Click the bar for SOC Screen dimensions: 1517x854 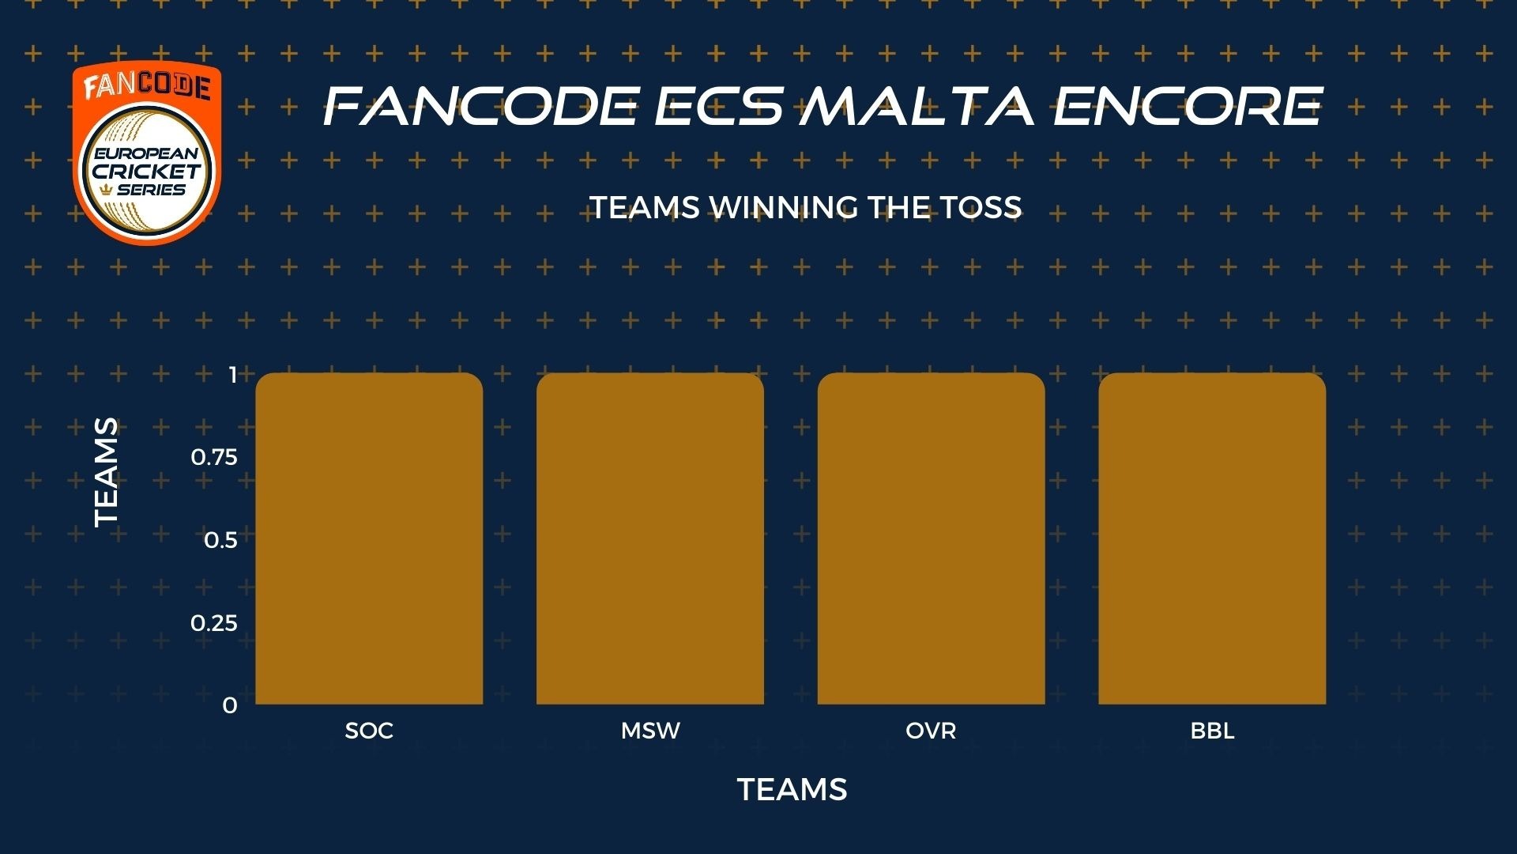point(369,538)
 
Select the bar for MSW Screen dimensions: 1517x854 point(650,538)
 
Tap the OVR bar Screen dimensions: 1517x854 point(932,538)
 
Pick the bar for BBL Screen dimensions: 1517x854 point(1212,538)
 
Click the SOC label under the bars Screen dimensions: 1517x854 point(369,731)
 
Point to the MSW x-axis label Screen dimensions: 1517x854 point(650,731)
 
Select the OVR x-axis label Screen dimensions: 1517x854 point(931,731)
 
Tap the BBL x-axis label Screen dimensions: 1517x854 point(1212,731)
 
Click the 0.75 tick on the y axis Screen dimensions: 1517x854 point(214,457)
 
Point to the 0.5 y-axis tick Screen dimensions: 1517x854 point(220,540)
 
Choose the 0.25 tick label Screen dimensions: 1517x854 point(214,623)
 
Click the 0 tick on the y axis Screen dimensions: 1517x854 point(230,705)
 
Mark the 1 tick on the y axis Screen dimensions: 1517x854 point(233,375)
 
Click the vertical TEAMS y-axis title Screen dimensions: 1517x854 point(106,472)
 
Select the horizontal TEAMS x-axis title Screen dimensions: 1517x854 point(792,789)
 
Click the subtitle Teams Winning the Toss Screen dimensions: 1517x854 point(806,207)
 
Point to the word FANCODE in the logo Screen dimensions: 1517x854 point(147,85)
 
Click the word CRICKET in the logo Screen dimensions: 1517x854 point(147,171)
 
